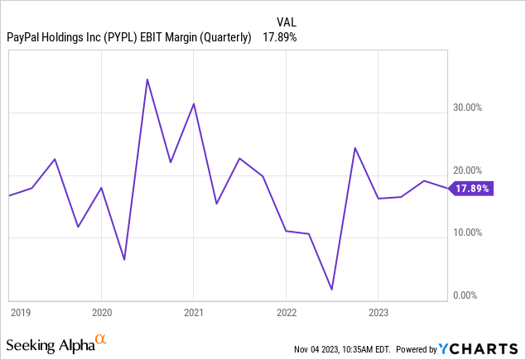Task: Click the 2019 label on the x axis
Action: [x=21, y=313]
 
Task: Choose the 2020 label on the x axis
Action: [x=101, y=313]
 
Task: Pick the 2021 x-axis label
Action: [x=193, y=313]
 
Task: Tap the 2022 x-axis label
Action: [x=286, y=313]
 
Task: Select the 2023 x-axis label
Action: [x=378, y=313]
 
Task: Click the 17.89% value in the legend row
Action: [x=279, y=37]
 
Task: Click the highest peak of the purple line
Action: [x=147, y=79]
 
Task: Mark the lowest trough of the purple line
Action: [x=331, y=290]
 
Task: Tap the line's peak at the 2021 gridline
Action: [x=194, y=103]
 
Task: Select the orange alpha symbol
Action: [x=101, y=339]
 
